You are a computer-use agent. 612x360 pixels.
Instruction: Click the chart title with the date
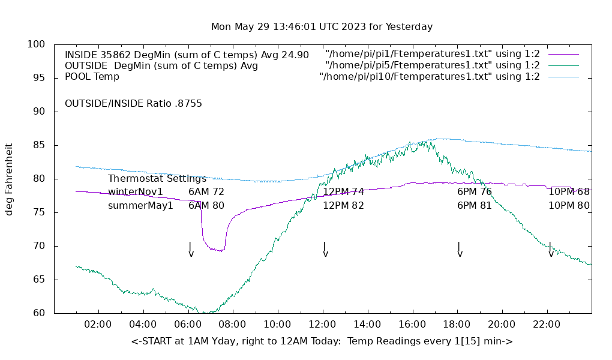[x=322, y=27]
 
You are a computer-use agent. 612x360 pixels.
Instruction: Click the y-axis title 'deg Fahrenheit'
[x=9, y=179]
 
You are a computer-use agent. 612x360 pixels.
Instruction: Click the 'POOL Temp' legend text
[x=92, y=77]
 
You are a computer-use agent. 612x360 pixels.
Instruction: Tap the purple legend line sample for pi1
[x=563, y=55]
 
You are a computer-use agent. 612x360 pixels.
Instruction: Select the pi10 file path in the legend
[x=430, y=77]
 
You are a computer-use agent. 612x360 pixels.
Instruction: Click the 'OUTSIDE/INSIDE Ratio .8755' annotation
[x=133, y=104]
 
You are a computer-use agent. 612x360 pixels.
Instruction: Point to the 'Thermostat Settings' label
[x=157, y=179]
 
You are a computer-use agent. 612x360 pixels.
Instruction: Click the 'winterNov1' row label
[x=136, y=192]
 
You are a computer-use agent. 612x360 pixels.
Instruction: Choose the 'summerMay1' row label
[x=140, y=206]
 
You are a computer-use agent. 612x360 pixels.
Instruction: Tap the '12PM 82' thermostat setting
[x=344, y=206]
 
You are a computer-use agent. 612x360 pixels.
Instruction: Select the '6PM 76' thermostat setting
[x=475, y=192]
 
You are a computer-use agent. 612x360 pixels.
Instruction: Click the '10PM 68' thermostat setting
[x=569, y=192]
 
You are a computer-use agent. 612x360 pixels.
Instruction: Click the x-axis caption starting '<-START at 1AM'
[x=322, y=341]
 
